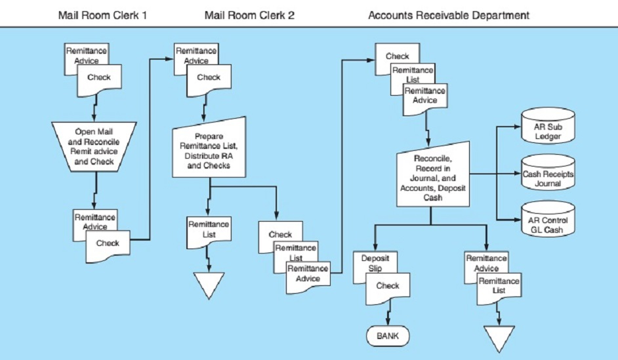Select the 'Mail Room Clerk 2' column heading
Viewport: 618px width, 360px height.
pos(249,14)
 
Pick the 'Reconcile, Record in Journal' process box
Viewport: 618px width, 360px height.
pos(431,173)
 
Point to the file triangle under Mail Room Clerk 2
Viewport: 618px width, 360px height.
pos(209,283)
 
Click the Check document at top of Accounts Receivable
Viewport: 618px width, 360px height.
pos(397,55)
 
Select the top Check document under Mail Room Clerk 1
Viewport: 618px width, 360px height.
pos(98,79)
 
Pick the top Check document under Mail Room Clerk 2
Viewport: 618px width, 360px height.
pos(209,79)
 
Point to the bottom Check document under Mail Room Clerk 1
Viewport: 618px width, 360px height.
pos(108,243)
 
